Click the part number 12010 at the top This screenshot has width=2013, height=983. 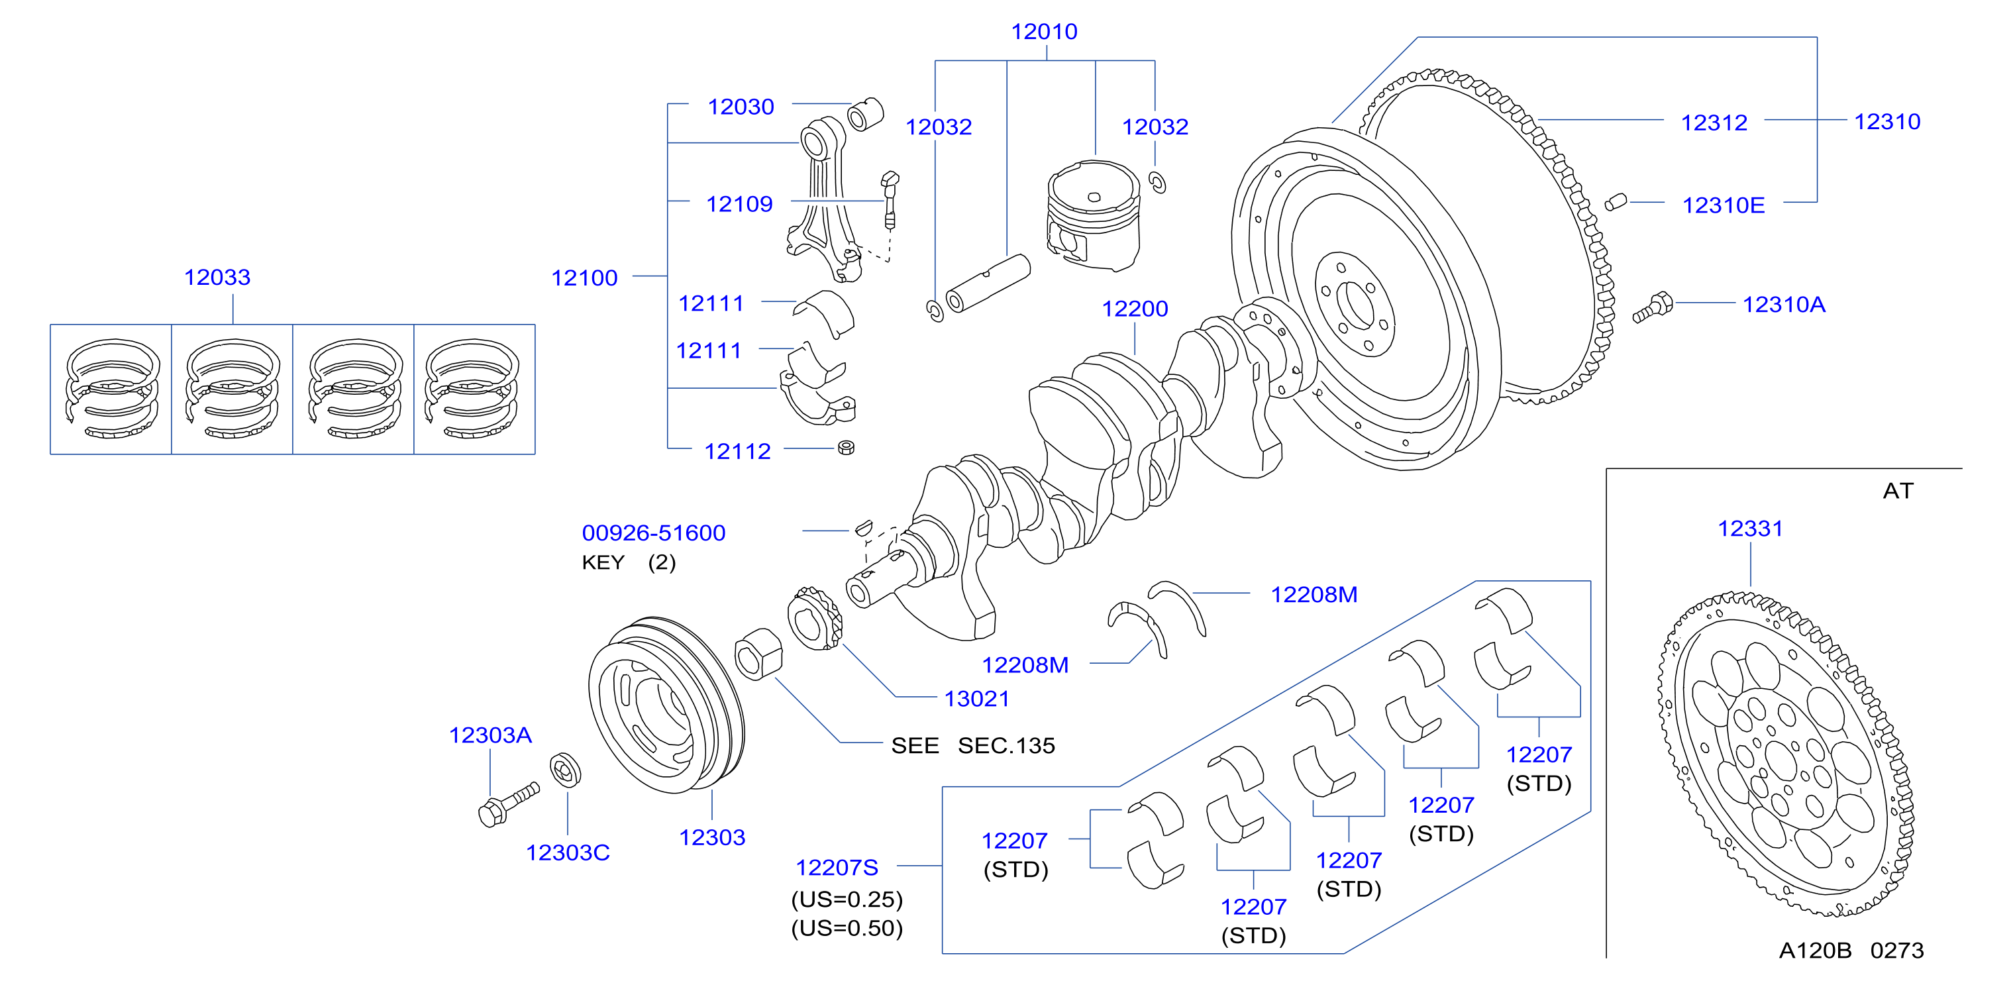coord(1044,31)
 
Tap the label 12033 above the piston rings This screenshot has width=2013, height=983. coord(217,277)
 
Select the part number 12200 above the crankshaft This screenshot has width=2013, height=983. coord(1135,309)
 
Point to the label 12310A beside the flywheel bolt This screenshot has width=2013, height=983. coord(1784,304)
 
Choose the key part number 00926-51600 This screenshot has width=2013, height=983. coord(653,533)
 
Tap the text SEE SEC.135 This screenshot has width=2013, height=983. coord(973,745)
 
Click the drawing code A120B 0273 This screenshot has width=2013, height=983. coord(1851,950)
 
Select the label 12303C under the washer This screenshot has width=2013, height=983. coord(568,853)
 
